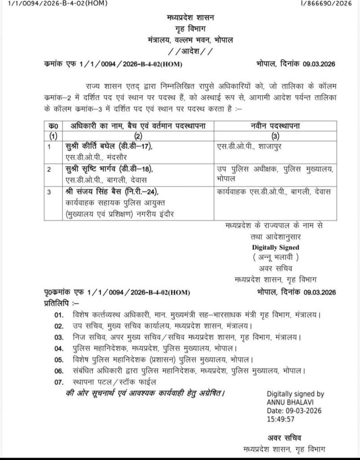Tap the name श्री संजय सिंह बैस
click(x=90, y=192)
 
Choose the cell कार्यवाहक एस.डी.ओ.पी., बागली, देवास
click(x=273, y=192)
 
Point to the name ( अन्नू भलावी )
click(x=275, y=257)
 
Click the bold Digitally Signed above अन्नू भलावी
click(x=275, y=247)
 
